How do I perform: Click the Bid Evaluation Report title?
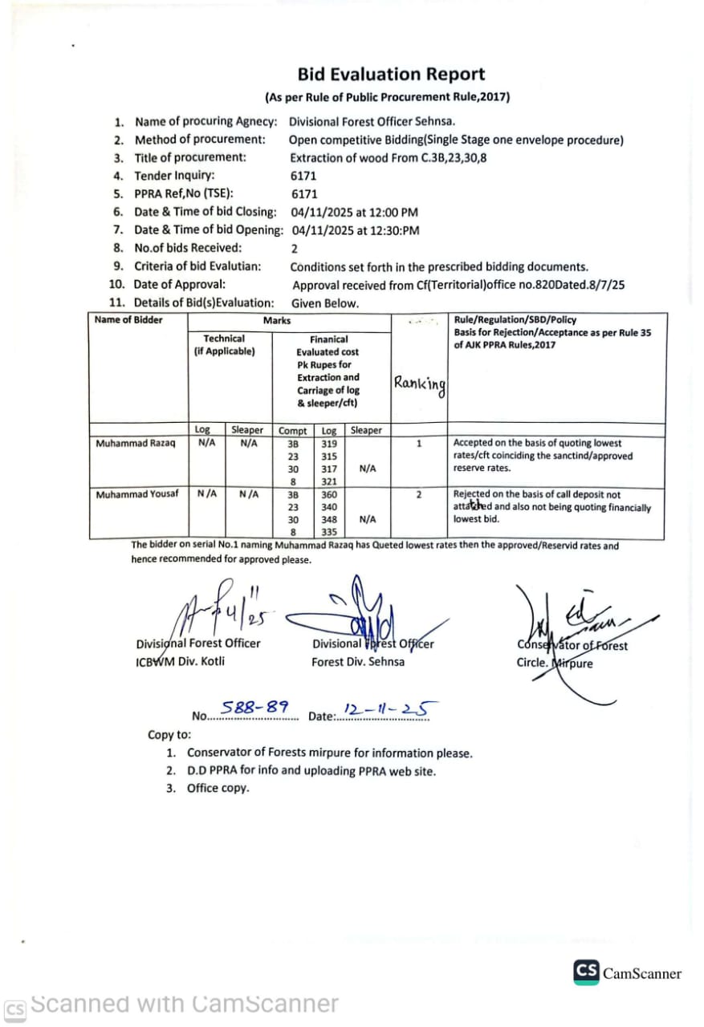coord(391,75)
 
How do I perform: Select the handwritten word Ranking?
coord(419,384)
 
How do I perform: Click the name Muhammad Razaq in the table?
coord(135,444)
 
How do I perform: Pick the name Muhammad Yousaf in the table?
coord(137,494)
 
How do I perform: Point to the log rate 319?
coord(329,444)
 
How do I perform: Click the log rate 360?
coord(329,495)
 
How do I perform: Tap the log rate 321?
coord(329,481)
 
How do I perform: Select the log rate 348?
coord(329,520)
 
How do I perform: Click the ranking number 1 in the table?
coord(419,443)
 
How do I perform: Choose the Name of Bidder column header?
coord(128,320)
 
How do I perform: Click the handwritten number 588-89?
coord(254,708)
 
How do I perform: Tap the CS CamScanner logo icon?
coord(586,972)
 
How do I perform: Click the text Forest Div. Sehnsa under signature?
coord(358,662)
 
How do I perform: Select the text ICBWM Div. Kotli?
coord(181,661)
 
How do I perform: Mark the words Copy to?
coord(169,734)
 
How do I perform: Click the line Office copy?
coord(218,788)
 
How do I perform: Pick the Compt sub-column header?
coord(292,431)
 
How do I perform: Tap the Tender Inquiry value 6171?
coord(303,176)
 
